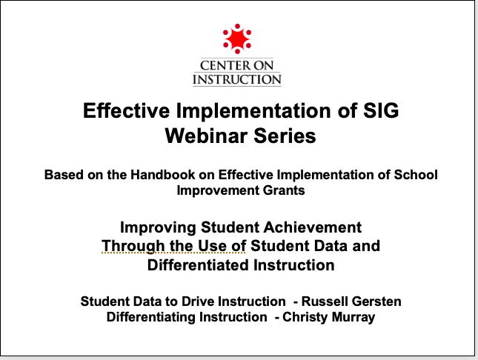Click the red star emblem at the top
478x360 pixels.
tap(237, 39)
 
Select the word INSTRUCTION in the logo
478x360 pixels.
tap(237, 79)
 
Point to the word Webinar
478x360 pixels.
tap(206, 136)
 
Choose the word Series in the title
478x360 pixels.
tap(285, 136)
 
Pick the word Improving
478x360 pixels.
tap(158, 227)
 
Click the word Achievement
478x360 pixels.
tap(313, 227)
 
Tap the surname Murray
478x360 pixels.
tap(353, 317)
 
